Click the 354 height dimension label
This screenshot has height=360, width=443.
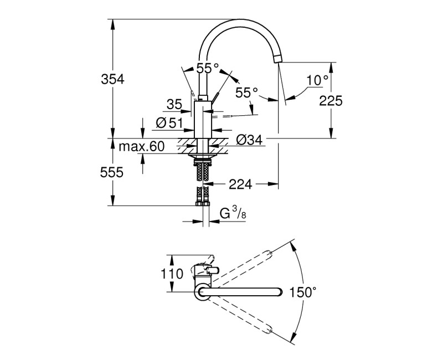point(112,79)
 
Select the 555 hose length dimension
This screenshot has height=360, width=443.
point(112,173)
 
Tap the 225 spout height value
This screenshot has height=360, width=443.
point(331,100)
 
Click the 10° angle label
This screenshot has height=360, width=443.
point(317,80)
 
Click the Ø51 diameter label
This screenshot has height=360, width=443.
point(169,123)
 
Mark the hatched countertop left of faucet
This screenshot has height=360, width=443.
point(187,145)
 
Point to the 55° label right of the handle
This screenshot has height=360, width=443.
point(246,93)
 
